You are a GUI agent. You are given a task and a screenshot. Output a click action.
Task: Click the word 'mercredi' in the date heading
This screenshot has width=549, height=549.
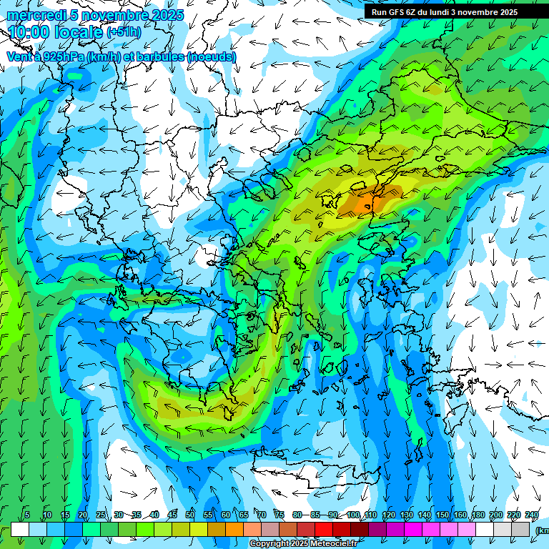(x=32, y=15)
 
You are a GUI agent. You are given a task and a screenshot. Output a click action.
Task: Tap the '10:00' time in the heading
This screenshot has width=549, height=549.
(x=29, y=32)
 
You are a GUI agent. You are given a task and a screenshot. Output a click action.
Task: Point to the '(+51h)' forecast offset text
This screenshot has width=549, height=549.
(x=124, y=32)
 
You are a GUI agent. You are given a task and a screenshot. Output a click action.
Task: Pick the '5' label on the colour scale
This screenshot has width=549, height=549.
(x=28, y=515)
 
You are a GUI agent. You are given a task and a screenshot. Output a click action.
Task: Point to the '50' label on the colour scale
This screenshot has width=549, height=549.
(x=189, y=515)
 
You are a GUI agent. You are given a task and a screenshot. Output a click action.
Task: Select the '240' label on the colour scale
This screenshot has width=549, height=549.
(x=531, y=515)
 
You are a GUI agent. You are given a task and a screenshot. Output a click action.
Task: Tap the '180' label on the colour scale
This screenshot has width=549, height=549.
(x=478, y=515)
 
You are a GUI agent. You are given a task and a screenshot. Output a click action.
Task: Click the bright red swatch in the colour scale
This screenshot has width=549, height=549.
(x=324, y=529)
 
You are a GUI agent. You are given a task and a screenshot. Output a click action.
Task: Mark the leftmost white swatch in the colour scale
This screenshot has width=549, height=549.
(x=20, y=529)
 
